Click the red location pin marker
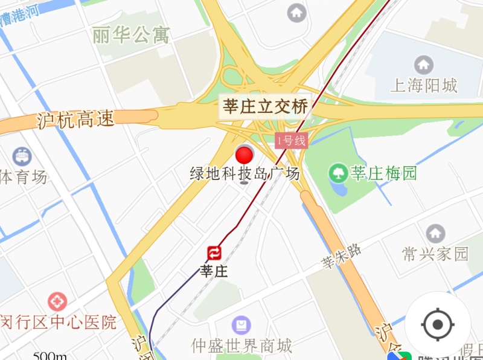[245, 156]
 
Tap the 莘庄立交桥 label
[266, 106]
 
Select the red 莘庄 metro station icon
[215, 252]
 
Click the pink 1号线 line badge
[292, 141]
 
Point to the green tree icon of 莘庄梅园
[338, 174]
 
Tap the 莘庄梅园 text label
[384, 174]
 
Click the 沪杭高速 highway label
[75, 119]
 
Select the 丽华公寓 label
[131, 35]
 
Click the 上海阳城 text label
[424, 85]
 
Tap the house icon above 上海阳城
[424, 64]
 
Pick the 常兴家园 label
[435, 253]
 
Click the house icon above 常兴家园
[435, 233]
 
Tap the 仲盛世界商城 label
[242, 346]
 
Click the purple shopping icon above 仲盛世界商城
[242, 326]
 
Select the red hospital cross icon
[57, 301]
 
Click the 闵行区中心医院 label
[59, 322]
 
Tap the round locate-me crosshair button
[438, 326]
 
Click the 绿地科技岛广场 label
[245, 174]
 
